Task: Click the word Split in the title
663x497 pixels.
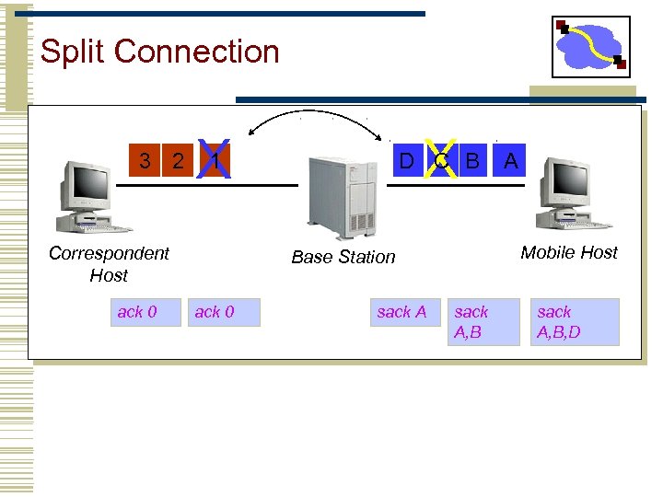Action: coord(70,52)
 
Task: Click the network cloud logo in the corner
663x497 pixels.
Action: coord(590,47)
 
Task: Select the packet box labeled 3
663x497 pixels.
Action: coord(145,161)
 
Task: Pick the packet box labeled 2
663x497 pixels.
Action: coord(178,161)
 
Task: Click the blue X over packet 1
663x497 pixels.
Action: coord(214,159)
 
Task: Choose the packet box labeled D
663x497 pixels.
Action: coord(406,161)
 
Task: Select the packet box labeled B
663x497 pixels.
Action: coord(473,161)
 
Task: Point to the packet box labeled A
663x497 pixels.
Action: coord(511,161)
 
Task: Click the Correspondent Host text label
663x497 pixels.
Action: coord(109,264)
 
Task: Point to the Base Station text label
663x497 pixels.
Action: coord(343,258)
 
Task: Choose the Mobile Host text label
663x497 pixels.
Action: coord(569,252)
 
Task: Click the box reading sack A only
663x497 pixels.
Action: coord(401,313)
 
